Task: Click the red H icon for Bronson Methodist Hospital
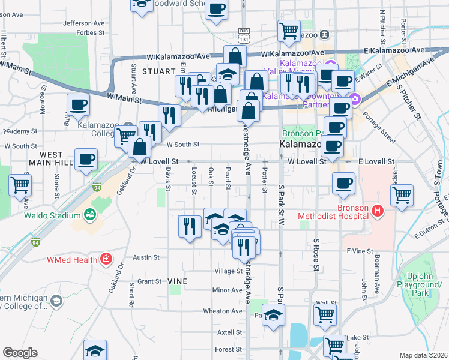pos(378,211)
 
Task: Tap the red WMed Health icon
pos(106,259)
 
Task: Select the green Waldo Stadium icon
pos(90,214)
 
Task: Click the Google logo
pos(20,353)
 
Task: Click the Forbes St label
pos(91,32)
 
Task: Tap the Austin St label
pos(146,257)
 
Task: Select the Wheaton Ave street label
pos(222,311)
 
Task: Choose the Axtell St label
pos(229,332)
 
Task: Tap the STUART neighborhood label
pos(158,71)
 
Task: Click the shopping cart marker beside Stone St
pos(20,185)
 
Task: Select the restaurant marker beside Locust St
pos(190,227)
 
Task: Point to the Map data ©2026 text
pos(423,355)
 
